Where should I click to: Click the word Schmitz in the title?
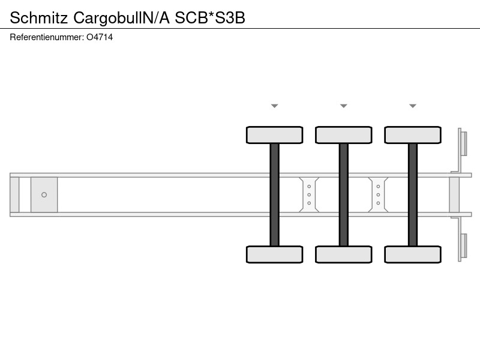pos(38,18)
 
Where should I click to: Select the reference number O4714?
pos(100,37)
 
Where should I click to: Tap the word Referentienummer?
pos(46,37)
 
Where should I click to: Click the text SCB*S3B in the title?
pos(209,18)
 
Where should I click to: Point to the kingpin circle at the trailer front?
pos(44,194)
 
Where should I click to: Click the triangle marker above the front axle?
pos(275,106)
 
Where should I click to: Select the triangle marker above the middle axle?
pos(343,106)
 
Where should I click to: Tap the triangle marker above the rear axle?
pos(413,106)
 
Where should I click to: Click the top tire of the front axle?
pos(275,135)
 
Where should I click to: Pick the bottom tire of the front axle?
pos(275,254)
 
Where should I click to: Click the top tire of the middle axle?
pos(343,135)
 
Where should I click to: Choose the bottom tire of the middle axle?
pos(343,254)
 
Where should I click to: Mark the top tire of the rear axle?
pos(413,135)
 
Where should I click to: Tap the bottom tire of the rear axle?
pos(413,254)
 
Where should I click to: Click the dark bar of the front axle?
pos(275,194)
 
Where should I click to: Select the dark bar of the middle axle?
pos(343,194)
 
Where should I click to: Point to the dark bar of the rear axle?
pos(413,194)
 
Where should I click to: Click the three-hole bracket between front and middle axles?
pos(309,194)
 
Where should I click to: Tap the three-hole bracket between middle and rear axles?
pos(378,194)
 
